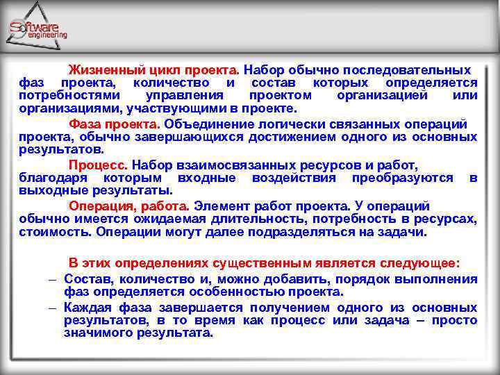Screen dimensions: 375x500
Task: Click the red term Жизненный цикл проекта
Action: [x=153, y=70]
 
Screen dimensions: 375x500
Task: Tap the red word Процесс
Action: [x=98, y=166]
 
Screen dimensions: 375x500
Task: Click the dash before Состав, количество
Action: [x=52, y=278]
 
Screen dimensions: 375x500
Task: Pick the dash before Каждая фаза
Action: [x=52, y=308]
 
